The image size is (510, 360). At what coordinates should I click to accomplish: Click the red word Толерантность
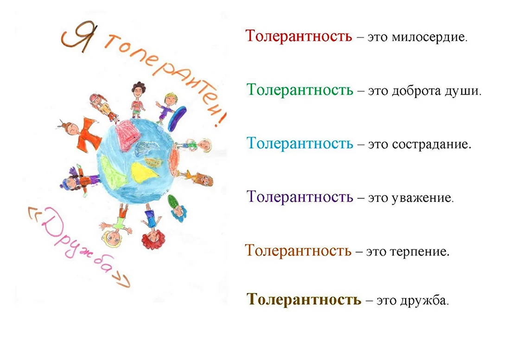[x=299, y=35]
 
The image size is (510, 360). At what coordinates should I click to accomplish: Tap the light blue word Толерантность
[x=300, y=143]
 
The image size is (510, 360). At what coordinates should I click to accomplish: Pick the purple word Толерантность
[x=300, y=197]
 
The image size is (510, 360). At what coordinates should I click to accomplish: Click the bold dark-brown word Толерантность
[x=304, y=299]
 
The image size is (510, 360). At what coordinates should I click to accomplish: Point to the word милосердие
[x=429, y=37]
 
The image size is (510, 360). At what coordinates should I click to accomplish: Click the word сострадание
[x=432, y=144]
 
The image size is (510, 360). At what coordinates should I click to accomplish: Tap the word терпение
[x=420, y=251]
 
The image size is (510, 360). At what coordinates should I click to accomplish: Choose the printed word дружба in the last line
[x=424, y=300]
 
